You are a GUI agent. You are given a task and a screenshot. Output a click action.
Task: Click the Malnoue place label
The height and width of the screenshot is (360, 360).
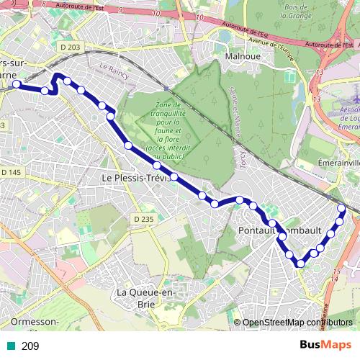[242, 55]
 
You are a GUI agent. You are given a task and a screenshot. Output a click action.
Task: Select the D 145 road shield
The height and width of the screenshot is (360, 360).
[12, 172]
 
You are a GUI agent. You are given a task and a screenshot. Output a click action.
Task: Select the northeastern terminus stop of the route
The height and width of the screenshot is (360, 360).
[342, 208]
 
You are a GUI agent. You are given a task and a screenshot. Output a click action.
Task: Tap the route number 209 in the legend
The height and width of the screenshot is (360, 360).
[30, 346]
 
